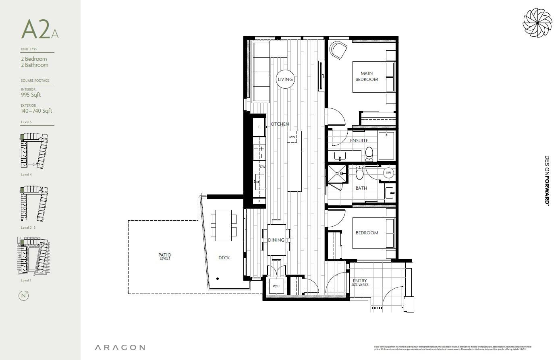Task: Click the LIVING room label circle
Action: pos(285,79)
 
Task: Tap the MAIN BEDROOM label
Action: pos(367,77)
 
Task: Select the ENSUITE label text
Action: pos(359,141)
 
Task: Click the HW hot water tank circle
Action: pos(388,173)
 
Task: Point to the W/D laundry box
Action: pos(276,286)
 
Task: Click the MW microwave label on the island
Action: pos(292,137)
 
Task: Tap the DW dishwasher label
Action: pos(262,167)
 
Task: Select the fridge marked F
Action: pos(259,127)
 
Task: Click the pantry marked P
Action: pos(259,201)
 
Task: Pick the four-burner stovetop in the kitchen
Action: pos(259,152)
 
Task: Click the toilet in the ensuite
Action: pos(369,153)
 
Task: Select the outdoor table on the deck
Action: pos(224,226)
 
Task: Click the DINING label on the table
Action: pos(276,240)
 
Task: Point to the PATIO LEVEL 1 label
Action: pos(165,256)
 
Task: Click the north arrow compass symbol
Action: pos(24,296)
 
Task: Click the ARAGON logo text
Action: pos(120,348)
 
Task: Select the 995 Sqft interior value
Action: pos(31,95)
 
